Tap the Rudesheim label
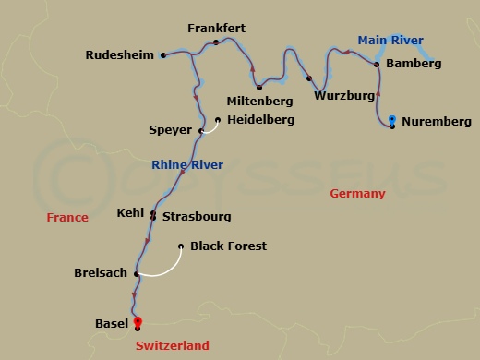[120, 55]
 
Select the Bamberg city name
[414, 64]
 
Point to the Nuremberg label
[437, 122]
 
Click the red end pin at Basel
[138, 321]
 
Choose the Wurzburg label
[343, 96]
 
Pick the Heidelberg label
[260, 120]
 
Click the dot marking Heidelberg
[218, 120]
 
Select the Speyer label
[170, 130]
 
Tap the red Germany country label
[357, 194]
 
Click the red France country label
[68, 218]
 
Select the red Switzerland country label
[172, 346]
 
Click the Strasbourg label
[197, 217]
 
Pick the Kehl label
[130, 212]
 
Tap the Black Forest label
[228, 246]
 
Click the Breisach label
[100, 273]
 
